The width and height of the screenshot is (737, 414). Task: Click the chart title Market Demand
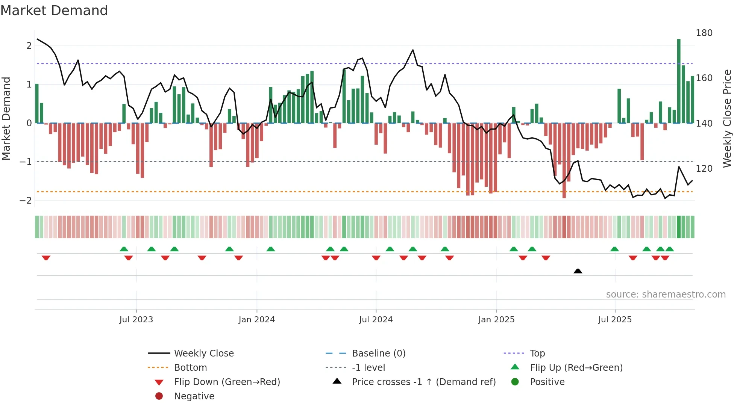click(x=54, y=11)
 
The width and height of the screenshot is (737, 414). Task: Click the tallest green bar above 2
click(x=679, y=81)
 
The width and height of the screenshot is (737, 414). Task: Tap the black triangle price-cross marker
click(x=578, y=271)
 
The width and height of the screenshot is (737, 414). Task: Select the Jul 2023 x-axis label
click(x=136, y=320)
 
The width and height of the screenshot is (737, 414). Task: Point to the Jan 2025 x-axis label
click(x=496, y=320)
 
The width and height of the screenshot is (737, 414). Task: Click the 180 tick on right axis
click(x=704, y=33)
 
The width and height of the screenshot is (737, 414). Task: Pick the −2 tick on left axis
click(x=26, y=200)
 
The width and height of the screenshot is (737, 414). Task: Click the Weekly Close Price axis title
click(x=727, y=118)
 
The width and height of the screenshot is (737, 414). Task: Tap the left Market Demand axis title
click(x=6, y=118)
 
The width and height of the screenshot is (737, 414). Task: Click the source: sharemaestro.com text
click(x=666, y=295)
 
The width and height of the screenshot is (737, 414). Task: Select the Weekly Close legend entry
click(x=203, y=354)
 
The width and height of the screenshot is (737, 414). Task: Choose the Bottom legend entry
click(x=190, y=368)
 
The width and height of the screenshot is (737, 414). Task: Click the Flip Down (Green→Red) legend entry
click(x=227, y=382)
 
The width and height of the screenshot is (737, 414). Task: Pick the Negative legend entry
click(x=194, y=396)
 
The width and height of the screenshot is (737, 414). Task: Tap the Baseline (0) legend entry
click(x=378, y=354)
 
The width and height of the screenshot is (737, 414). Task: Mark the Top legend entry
click(x=537, y=354)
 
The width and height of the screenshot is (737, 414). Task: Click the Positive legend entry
click(x=547, y=382)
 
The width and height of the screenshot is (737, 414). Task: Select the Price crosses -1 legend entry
click(x=423, y=382)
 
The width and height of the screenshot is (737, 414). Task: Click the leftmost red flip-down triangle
click(x=46, y=258)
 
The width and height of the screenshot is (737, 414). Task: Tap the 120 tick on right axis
click(x=704, y=168)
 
